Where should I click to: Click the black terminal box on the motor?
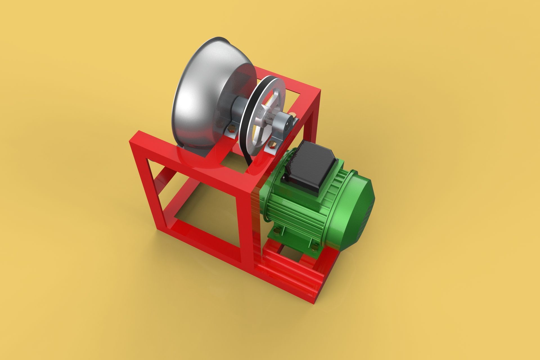pyautogui.click(x=309, y=166)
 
